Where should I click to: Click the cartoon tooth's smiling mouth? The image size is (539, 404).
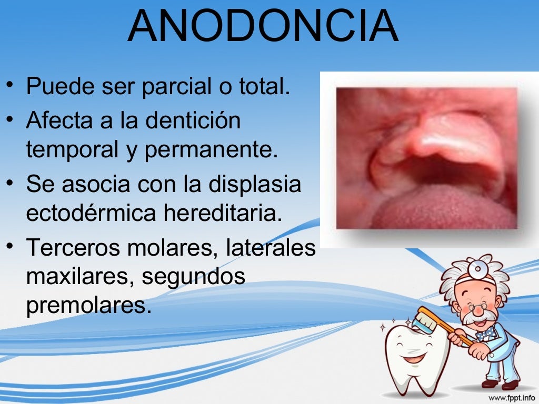(414, 358)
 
